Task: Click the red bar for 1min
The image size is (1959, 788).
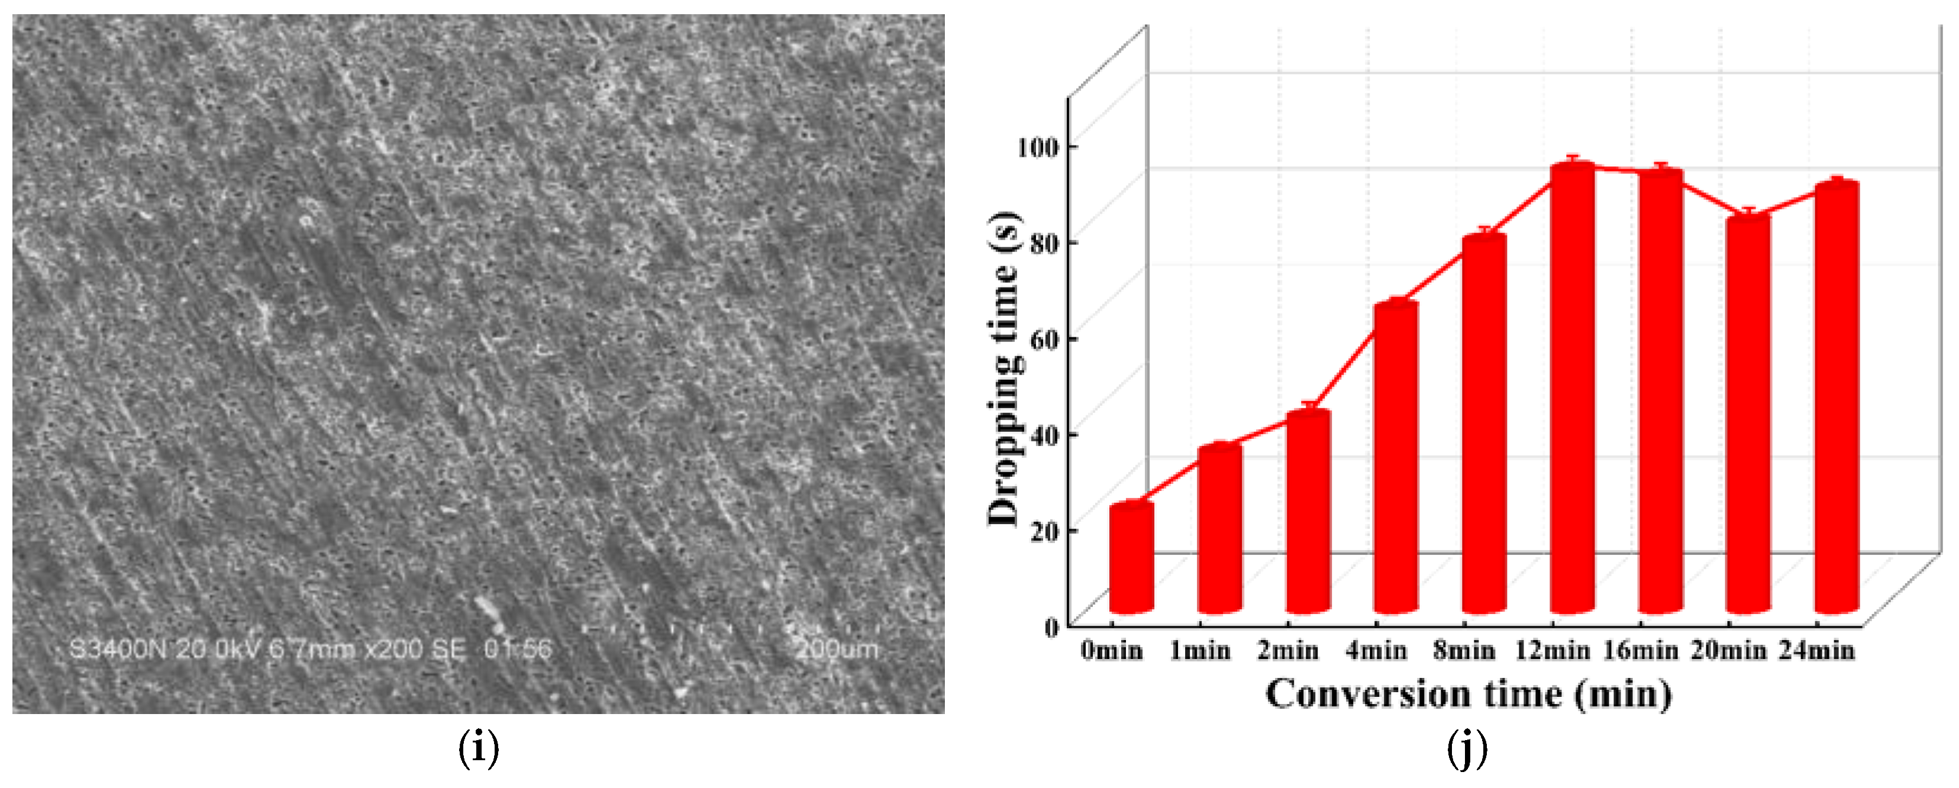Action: [1220, 529]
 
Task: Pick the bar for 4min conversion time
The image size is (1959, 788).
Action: [1396, 456]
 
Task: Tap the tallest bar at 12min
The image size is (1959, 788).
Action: [1573, 388]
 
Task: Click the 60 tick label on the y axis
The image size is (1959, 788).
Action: [1044, 339]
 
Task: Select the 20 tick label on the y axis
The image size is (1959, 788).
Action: [1044, 531]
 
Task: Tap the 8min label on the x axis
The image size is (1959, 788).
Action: [1464, 651]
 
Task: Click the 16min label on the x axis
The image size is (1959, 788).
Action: [1640, 651]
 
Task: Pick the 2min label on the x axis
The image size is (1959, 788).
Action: [1287, 651]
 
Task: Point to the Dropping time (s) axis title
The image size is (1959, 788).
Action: [1004, 369]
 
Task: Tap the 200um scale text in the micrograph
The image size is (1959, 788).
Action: [837, 650]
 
